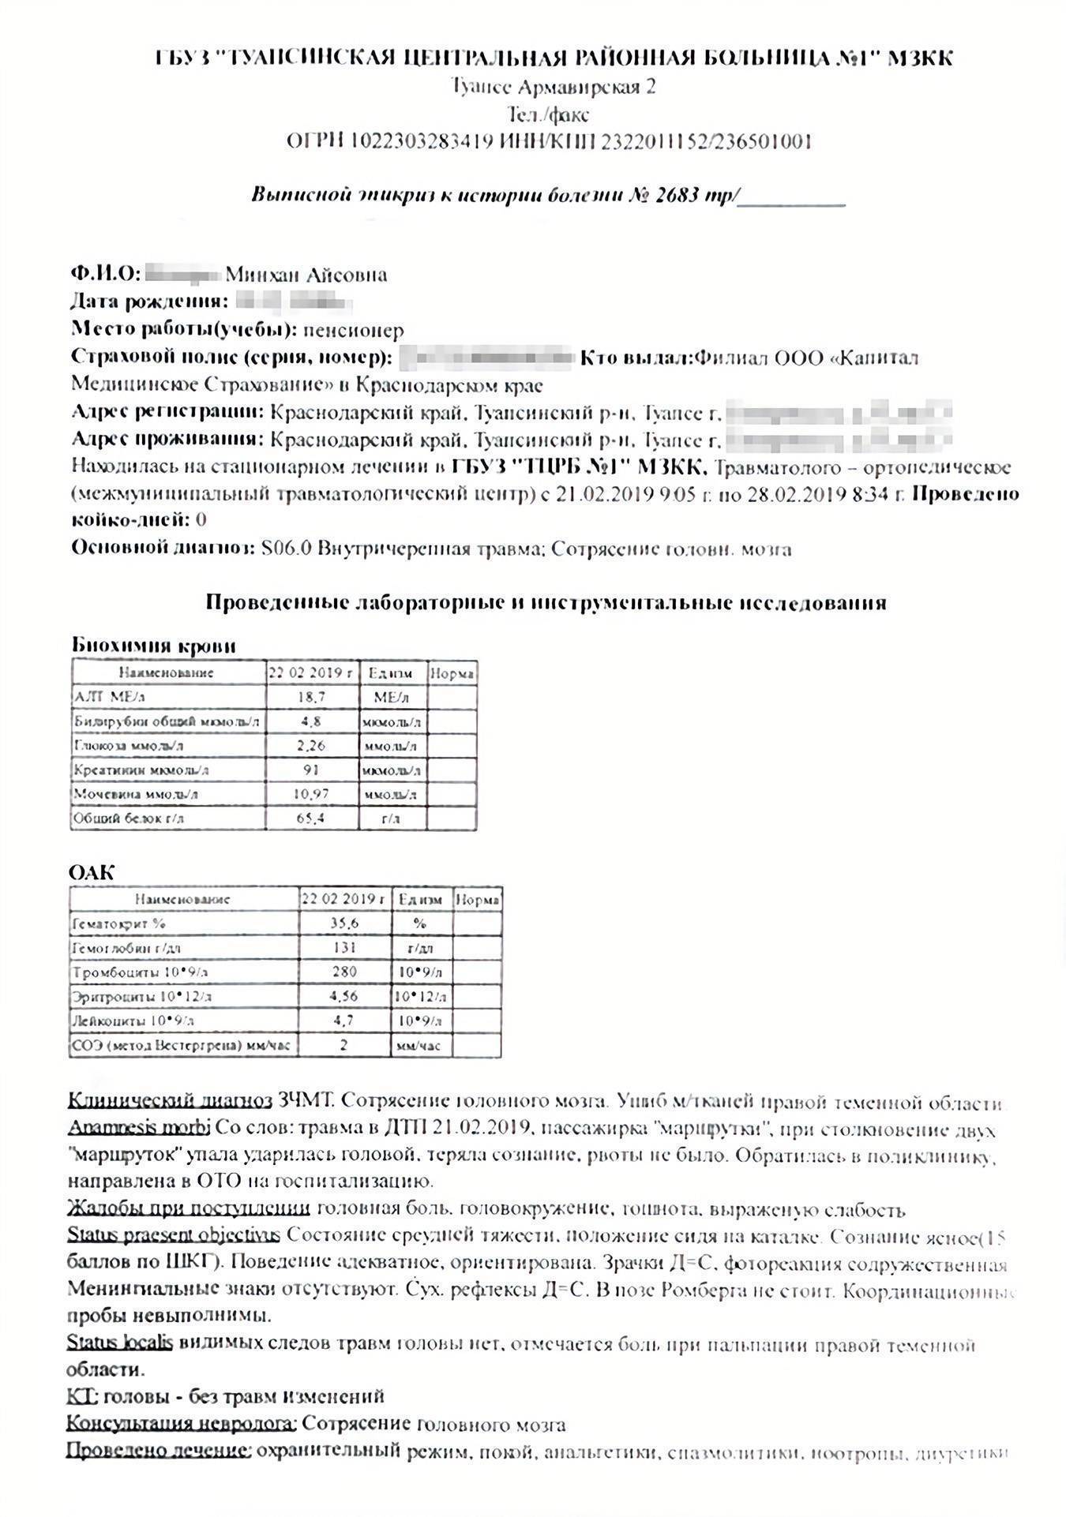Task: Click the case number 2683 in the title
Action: (677, 195)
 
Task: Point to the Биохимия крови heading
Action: (153, 645)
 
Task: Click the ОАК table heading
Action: (92, 872)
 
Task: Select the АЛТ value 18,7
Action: (311, 698)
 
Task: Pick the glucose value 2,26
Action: (311, 746)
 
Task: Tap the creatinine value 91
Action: (311, 770)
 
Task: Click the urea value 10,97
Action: (311, 794)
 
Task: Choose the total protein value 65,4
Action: (311, 818)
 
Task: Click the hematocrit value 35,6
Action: (344, 923)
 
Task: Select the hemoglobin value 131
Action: (344, 948)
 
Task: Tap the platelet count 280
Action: (344, 972)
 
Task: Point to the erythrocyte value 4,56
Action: (344, 997)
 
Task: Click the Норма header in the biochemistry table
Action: (452, 673)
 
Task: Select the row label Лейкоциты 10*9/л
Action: (133, 1021)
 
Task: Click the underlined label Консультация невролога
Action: (181, 1424)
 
